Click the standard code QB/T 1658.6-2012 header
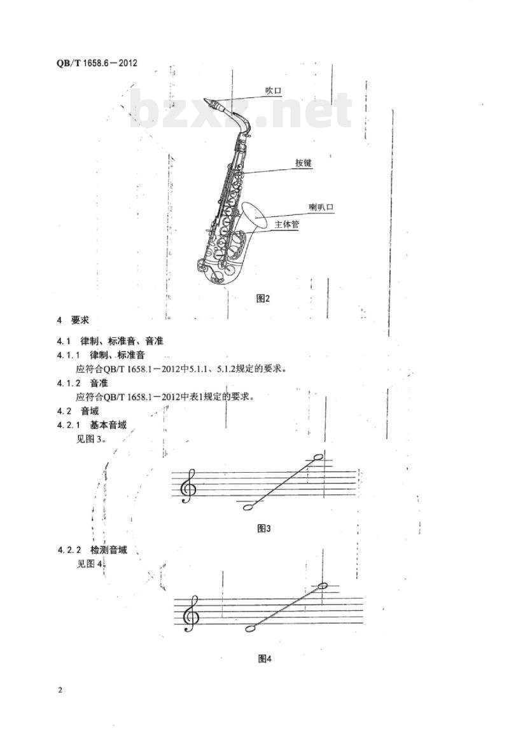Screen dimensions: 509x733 97,62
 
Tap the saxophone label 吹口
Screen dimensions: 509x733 274,91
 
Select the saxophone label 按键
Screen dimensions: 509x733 303,163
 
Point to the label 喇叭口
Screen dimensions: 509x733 321,207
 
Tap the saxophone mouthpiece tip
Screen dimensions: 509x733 205,99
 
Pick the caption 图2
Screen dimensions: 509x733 263,298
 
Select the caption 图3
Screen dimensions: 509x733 264,528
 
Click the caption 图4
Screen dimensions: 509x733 265,659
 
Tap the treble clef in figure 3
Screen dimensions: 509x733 189,486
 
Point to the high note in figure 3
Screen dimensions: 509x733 318,457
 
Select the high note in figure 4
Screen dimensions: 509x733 323,586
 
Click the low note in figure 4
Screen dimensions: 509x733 251,628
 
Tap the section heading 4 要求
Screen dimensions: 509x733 73,320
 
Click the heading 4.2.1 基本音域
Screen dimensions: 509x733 92,425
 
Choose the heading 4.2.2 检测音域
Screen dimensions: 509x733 92,550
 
